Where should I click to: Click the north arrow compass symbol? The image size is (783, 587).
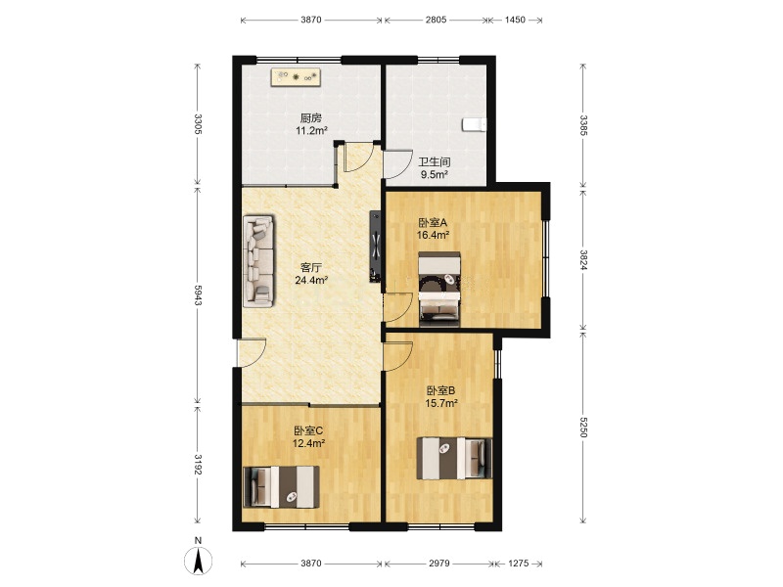click(199, 560)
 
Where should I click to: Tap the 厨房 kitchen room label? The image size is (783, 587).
click(310, 118)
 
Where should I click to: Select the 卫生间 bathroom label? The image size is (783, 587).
click(434, 162)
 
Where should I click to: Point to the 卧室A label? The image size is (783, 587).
click(433, 223)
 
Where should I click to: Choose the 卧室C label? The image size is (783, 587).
click(308, 430)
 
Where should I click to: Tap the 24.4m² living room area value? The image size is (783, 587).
click(311, 280)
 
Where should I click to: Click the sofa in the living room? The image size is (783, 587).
click(258, 261)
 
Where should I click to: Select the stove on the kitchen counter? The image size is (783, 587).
click(297, 77)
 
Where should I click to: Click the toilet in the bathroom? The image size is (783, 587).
click(474, 124)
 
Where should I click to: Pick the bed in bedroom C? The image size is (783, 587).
click(281, 487)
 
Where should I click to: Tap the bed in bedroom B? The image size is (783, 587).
click(454, 458)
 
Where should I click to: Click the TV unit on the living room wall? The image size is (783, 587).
click(375, 247)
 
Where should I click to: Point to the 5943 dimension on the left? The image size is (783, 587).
click(198, 296)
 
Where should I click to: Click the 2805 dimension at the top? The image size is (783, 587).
click(437, 20)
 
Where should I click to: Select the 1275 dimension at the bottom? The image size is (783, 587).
click(519, 564)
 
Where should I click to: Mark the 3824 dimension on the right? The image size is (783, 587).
click(583, 259)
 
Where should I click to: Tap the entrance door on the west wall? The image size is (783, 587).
click(252, 353)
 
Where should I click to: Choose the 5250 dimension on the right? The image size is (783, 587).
click(583, 426)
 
